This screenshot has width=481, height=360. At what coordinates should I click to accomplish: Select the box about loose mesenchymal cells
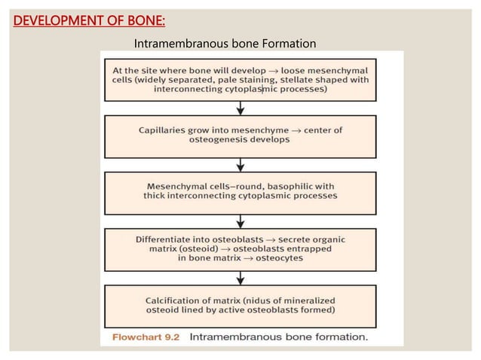click(240, 78)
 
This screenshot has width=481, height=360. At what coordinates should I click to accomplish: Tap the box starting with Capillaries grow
click(240, 136)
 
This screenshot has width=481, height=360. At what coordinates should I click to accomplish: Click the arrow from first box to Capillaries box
click(240, 107)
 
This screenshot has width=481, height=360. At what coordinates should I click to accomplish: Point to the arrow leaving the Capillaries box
click(240, 163)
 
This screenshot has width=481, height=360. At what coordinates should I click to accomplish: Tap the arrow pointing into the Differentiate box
click(240, 220)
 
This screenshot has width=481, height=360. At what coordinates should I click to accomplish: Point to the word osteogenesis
click(228, 141)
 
